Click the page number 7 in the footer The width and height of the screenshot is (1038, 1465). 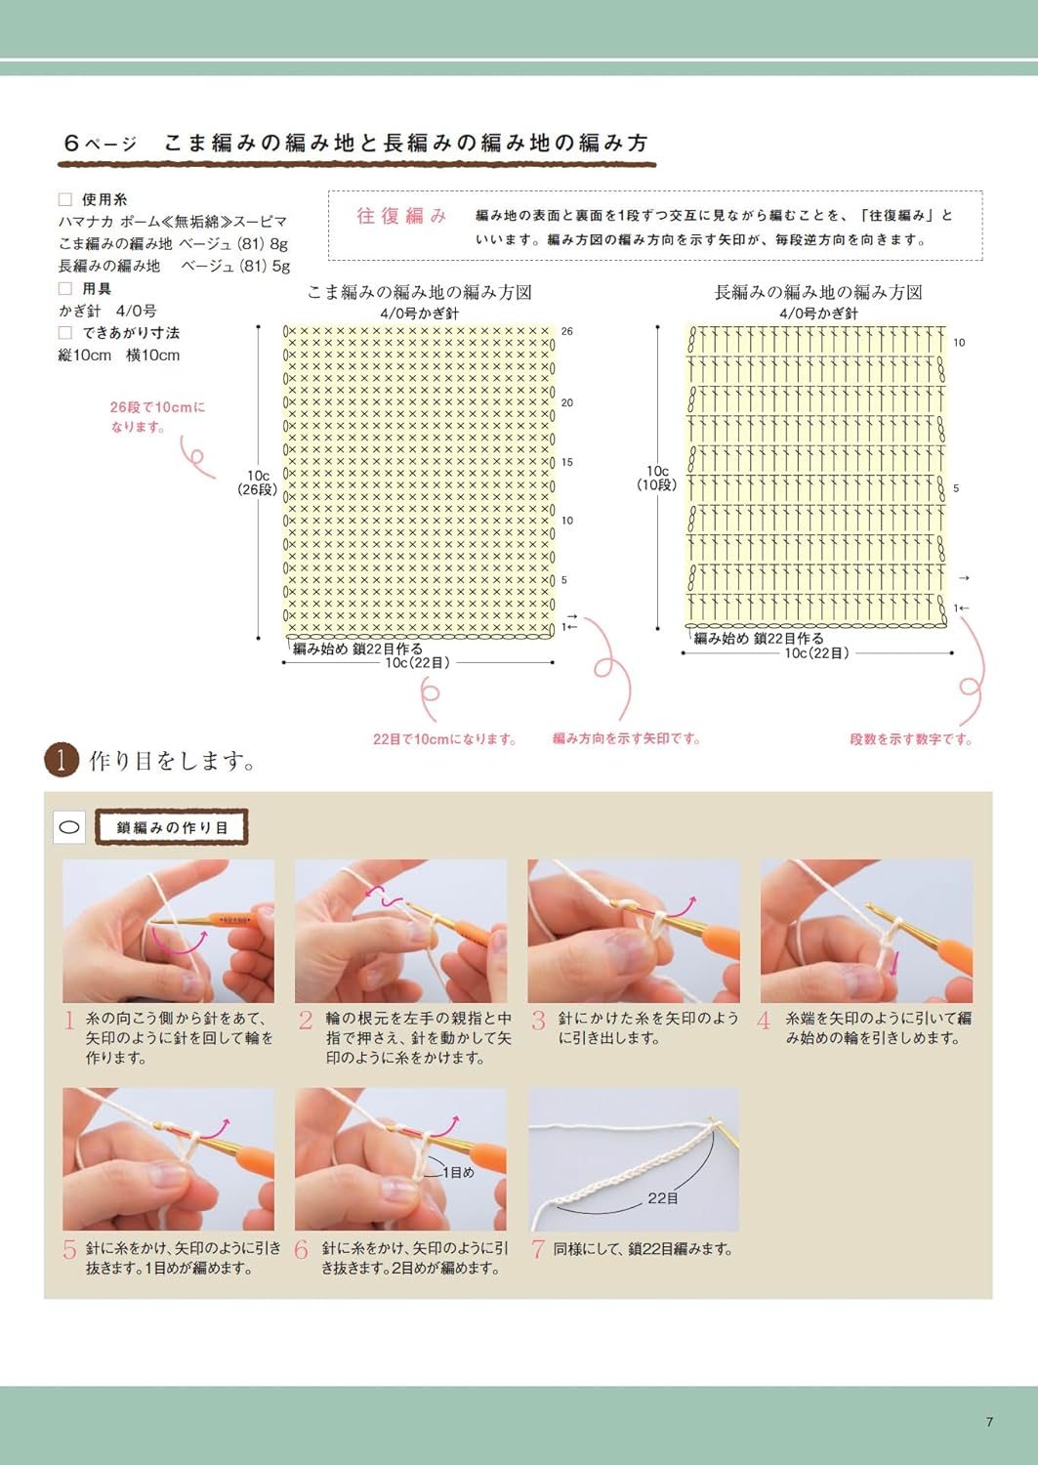[x=989, y=1422]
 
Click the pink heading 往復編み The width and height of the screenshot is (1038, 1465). [x=401, y=216]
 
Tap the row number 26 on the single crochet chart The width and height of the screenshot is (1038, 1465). [x=567, y=331]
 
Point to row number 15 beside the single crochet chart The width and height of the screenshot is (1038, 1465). [x=567, y=462]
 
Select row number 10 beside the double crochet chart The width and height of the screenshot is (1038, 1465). [x=959, y=343]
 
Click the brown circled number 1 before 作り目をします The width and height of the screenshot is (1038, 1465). [x=62, y=760]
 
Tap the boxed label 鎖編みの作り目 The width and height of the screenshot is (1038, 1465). [x=172, y=827]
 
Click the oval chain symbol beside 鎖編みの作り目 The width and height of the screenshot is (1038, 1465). [x=69, y=827]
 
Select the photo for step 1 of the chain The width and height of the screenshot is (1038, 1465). [x=168, y=931]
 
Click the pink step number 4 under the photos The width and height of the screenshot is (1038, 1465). [x=765, y=1022]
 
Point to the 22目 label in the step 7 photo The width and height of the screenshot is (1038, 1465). [x=663, y=1197]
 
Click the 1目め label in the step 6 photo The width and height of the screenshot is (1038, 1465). [x=458, y=1172]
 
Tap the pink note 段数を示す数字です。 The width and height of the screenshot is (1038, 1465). [x=911, y=739]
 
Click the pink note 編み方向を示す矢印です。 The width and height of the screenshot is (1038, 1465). [x=627, y=739]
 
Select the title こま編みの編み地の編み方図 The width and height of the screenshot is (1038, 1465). [x=419, y=292]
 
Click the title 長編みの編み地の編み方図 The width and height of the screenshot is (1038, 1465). [x=818, y=292]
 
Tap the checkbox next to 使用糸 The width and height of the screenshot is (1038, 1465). [x=65, y=199]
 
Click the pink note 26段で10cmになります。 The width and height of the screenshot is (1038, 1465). [x=157, y=417]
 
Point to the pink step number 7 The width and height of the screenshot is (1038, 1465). [x=537, y=1249]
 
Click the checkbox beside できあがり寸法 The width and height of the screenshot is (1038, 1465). [x=65, y=333]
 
